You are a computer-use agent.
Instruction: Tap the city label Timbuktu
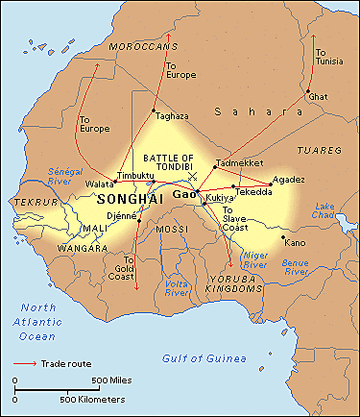[x=135, y=176]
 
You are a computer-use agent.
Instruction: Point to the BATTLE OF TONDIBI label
[x=168, y=162]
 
